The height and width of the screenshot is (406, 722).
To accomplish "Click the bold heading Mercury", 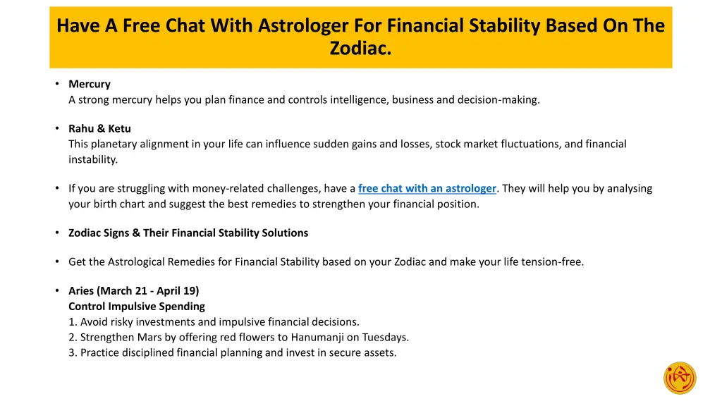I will coord(90,84).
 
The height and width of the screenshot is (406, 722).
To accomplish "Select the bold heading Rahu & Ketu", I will coord(99,128).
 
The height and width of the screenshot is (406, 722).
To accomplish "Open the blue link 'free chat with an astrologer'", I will coord(427,188).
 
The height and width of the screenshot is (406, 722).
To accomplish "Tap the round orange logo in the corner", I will coord(680,378).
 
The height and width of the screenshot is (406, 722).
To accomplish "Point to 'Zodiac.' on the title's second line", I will coord(360,49).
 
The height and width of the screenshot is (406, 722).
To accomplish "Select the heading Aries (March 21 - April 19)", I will coord(134,290).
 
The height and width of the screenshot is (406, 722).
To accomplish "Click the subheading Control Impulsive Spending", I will coord(137,306).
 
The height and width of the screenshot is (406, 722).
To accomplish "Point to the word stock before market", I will coord(448,144).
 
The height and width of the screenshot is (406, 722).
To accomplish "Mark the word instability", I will coord(93,159).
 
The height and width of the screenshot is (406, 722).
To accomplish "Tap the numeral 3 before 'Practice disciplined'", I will coord(72,352).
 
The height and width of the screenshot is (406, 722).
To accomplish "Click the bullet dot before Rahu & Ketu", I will coord(56,128).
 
